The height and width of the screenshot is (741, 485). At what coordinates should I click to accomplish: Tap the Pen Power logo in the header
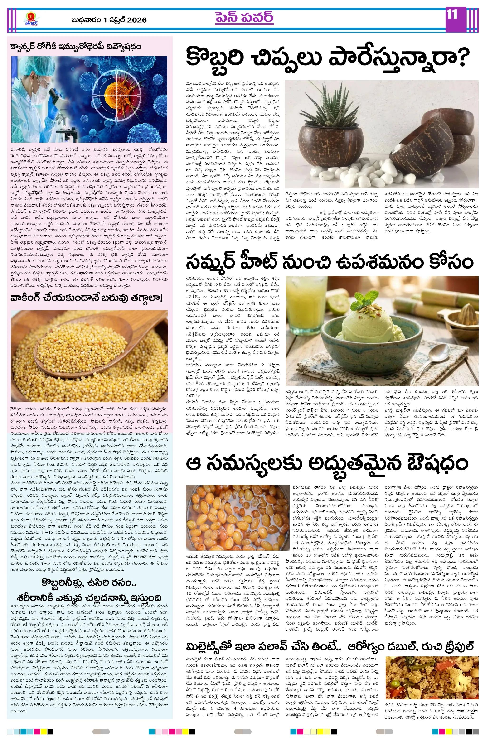31,19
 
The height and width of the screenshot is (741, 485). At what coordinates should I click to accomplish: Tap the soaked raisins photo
237,517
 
